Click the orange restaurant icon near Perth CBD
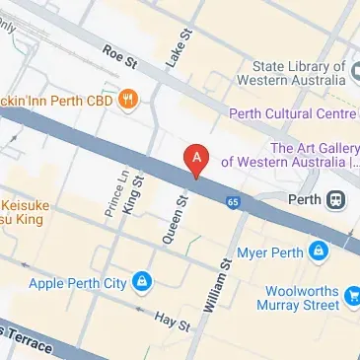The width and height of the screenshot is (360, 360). coord(127,99)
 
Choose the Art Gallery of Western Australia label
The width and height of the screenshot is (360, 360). coord(289,154)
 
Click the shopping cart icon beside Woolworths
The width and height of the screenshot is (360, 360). coord(352,293)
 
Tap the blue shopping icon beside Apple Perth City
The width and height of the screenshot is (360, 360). coord(143,283)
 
